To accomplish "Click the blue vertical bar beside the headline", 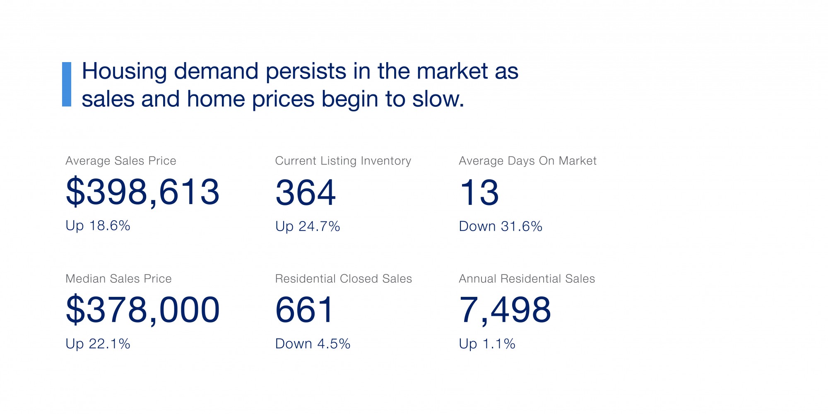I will coord(67,84).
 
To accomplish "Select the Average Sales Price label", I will coord(121,161).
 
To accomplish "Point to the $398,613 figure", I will coord(142,192).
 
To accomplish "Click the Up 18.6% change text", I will coord(98,226).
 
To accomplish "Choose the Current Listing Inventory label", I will coord(343,161).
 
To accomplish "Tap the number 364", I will coord(306,193).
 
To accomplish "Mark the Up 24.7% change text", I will coord(308,226).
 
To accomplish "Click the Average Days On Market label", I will coord(527,161).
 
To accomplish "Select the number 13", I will coord(479,193).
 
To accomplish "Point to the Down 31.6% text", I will coord(501,226).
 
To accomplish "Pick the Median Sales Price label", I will coord(118,279).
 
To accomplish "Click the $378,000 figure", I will coord(142,310).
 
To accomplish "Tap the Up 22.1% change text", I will coord(98,344).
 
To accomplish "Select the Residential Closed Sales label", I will coord(344,279).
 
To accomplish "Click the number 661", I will coord(304,310).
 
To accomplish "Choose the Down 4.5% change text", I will coord(313,344).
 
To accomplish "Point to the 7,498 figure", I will coord(505,310).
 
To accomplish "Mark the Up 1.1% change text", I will coord(487,344).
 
